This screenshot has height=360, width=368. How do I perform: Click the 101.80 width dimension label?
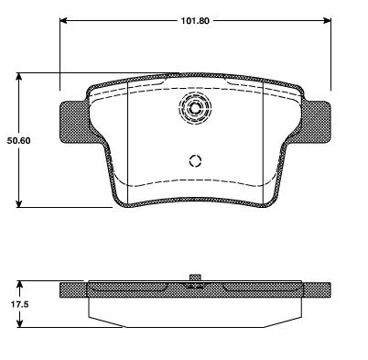click(195, 21)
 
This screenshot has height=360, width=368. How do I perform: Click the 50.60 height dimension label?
click(19, 141)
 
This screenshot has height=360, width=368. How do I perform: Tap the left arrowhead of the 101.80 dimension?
click(63, 20)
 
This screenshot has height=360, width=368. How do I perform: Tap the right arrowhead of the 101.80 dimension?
click(327, 20)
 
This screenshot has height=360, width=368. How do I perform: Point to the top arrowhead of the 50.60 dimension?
click(19, 77)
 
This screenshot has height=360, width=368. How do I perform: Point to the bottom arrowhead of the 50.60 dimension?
click(19, 203)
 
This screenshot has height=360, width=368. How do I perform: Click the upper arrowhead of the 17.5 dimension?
click(19, 285)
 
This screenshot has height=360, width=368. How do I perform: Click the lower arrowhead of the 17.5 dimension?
click(19, 323)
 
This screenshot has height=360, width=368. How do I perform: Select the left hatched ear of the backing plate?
click(74, 123)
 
